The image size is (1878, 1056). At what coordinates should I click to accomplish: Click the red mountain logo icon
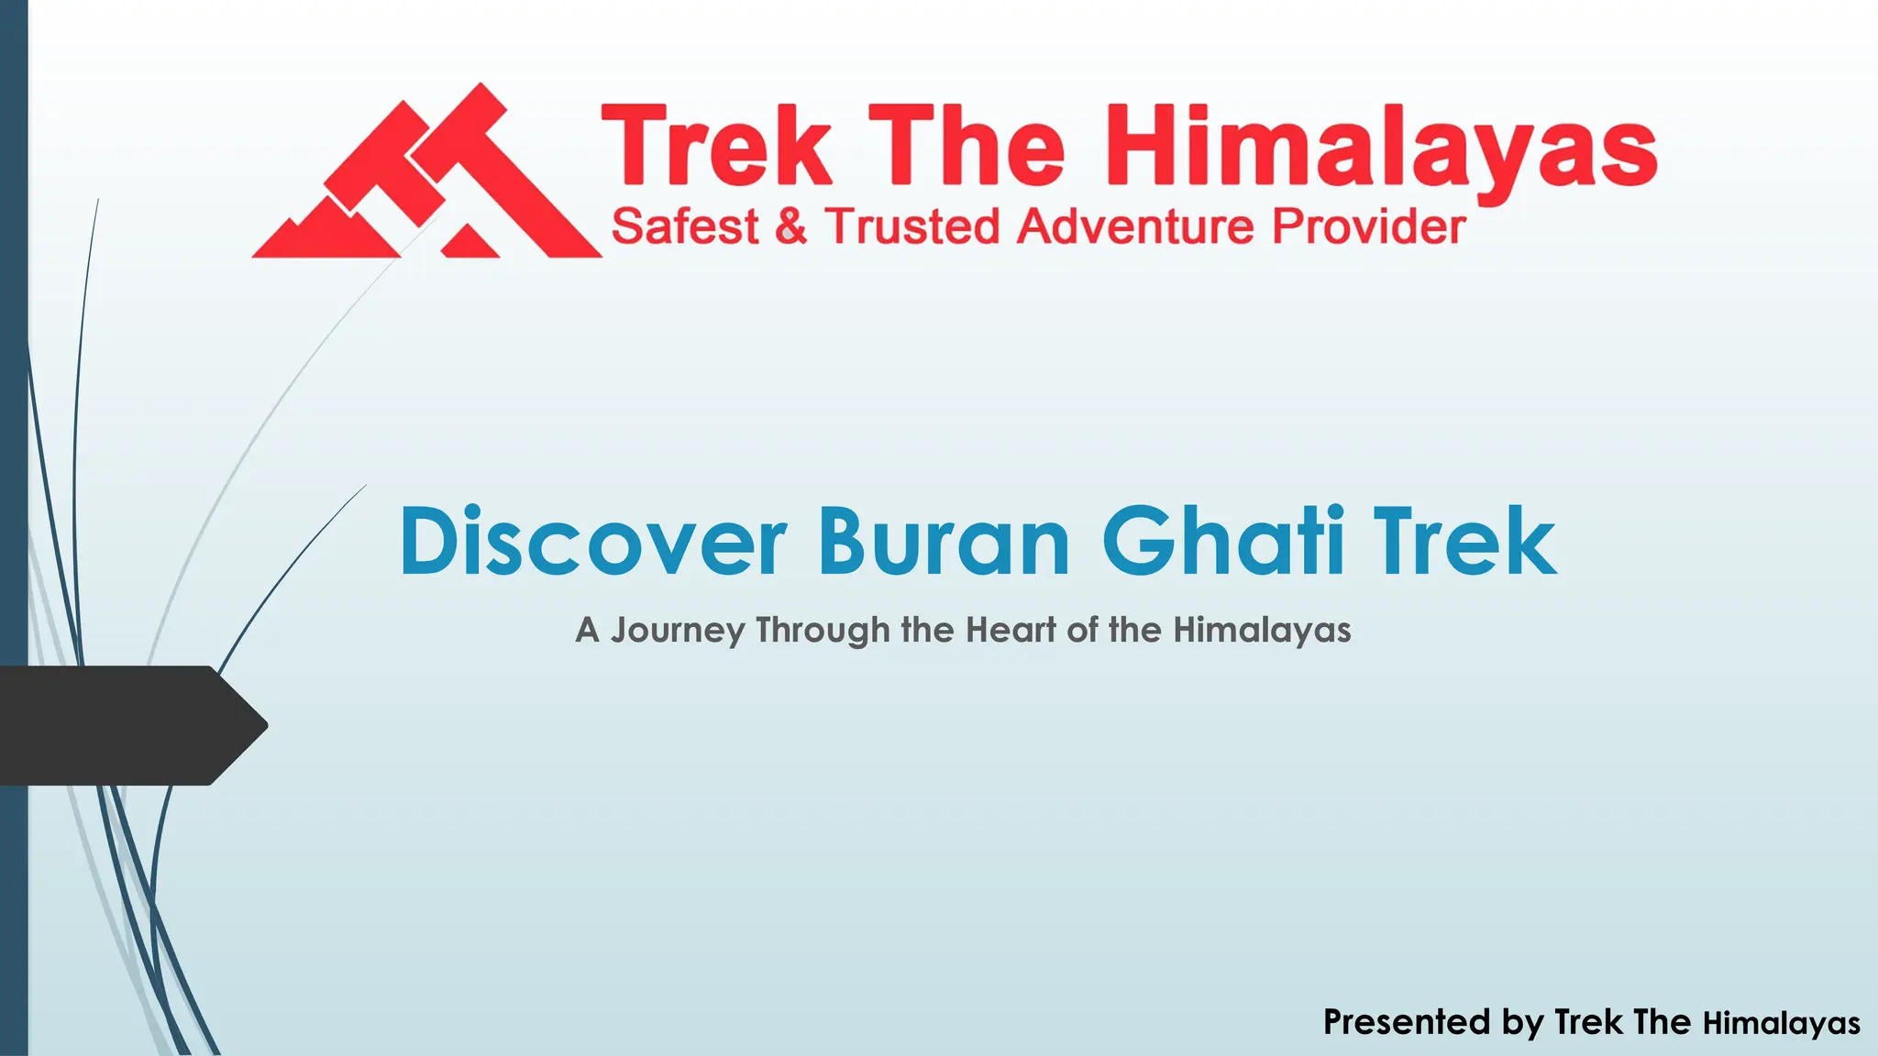426,174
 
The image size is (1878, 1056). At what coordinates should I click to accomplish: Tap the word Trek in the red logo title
716,147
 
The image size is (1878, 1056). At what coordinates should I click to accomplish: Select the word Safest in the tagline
685,226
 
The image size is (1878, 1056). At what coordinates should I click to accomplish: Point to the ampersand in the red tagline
790,226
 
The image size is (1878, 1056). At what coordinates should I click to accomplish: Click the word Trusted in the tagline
911,226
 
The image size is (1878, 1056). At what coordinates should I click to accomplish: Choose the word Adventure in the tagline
1135,226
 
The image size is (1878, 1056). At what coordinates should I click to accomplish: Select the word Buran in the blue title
944,542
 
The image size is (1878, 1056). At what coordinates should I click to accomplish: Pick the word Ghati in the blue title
1223,542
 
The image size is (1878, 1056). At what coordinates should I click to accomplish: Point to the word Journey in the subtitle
678,631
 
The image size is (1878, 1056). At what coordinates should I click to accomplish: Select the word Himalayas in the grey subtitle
1262,630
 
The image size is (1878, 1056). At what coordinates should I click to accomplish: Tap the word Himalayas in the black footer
1781,1023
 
